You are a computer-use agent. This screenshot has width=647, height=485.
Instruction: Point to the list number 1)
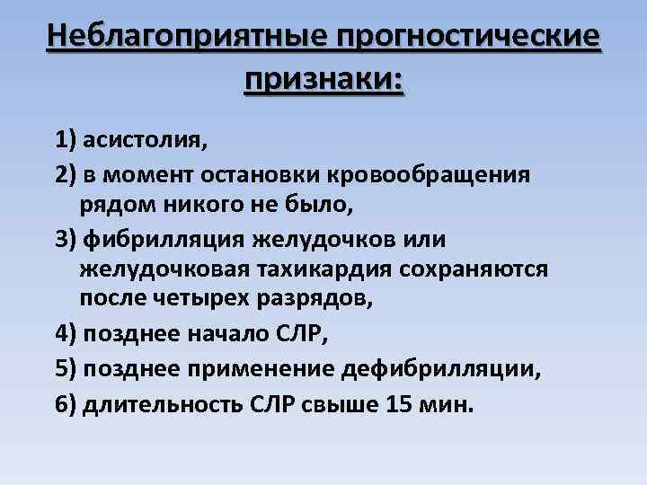pyautogui.click(x=66, y=140)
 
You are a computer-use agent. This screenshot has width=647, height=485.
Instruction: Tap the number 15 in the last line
pyautogui.click(x=397, y=403)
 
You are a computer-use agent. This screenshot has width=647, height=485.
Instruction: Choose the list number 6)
pyautogui.click(x=66, y=403)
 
